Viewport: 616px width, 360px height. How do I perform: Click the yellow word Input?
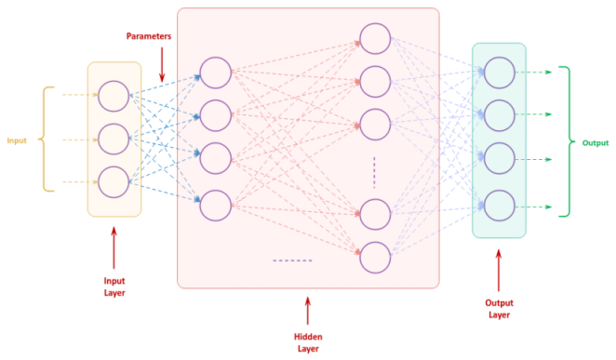tap(17, 140)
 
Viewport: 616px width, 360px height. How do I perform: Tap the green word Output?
tap(596, 143)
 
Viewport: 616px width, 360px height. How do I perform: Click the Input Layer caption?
tap(114, 286)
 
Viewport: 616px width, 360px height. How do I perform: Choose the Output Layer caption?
tap(499, 308)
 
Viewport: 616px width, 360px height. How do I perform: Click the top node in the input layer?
tap(114, 95)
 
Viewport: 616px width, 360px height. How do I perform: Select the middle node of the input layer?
tap(114, 139)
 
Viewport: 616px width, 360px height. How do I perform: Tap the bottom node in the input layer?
tap(114, 181)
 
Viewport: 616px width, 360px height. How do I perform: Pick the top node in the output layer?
tap(499, 72)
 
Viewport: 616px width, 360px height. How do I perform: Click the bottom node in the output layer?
tap(499, 204)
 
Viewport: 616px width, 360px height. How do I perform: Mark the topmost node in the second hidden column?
tap(375, 38)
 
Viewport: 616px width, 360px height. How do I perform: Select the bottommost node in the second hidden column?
tap(375, 257)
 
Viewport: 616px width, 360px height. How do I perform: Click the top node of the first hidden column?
tap(215, 73)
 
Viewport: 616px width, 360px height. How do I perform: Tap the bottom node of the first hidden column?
tap(215, 204)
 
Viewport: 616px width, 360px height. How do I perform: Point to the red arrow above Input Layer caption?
tap(114, 247)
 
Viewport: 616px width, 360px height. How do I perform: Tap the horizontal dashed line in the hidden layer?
tap(292, 260)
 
